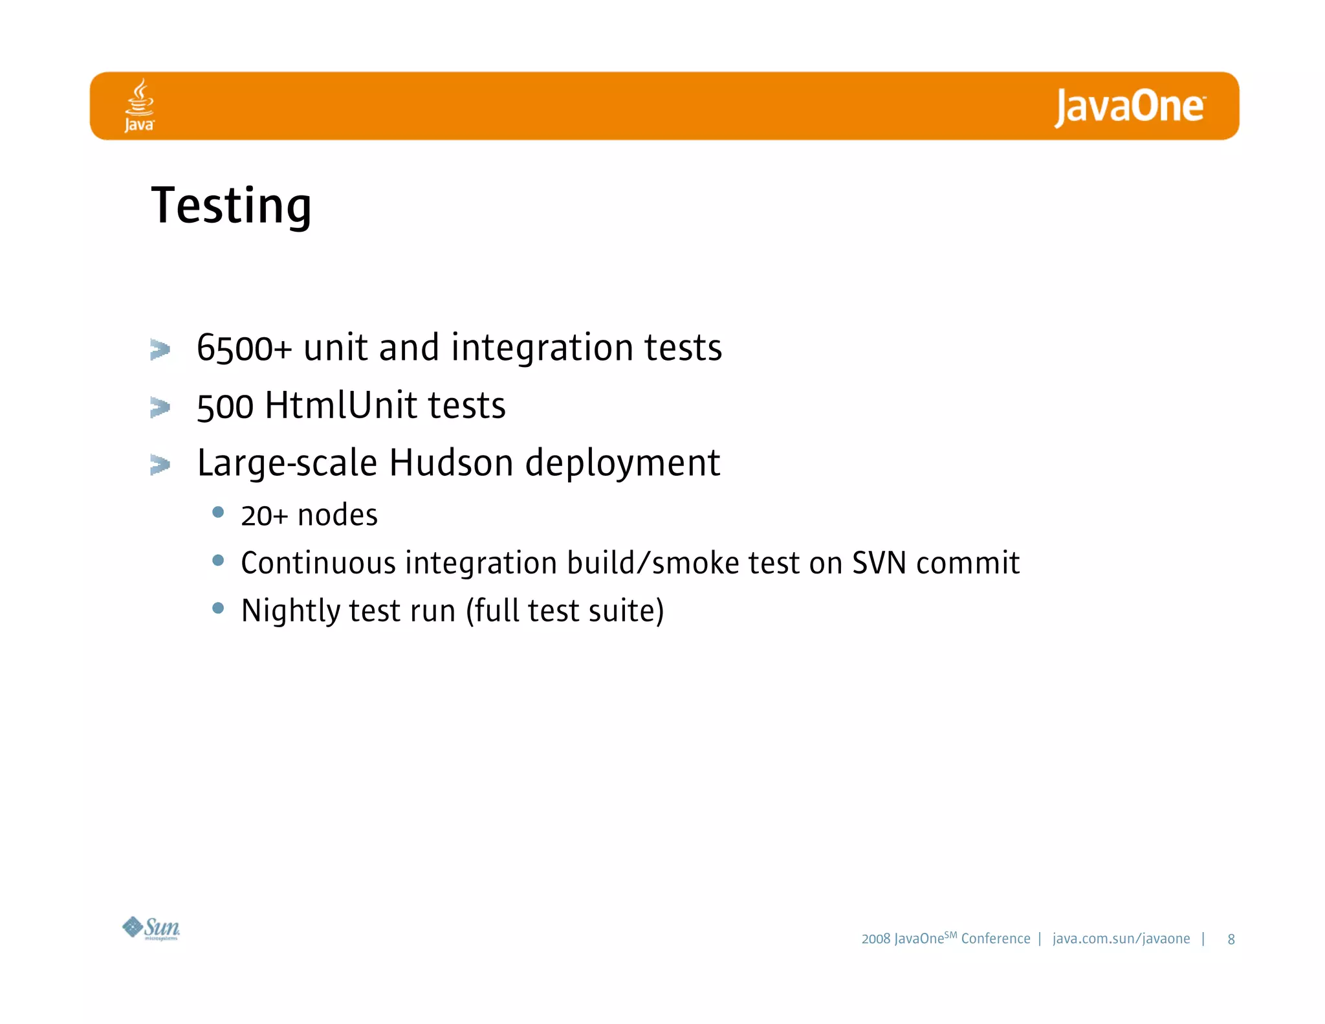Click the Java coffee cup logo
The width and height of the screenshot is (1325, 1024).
click(x=140, y=105)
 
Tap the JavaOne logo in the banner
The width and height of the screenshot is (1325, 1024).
click(x=1130, y=107)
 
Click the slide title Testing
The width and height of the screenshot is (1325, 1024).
click(x=231, y=206)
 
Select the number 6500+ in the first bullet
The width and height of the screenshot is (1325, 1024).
click(x=245, y=348)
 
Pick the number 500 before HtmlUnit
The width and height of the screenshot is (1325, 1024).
click(x=225, y=407)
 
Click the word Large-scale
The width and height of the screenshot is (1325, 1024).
click(x=287, y=463)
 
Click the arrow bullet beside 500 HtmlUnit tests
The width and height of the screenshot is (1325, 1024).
click(x=160, y=407)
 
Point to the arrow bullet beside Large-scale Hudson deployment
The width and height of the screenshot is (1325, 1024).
click(x=160, y=464)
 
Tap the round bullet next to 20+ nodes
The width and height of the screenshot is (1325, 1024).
click(x=218, y=513)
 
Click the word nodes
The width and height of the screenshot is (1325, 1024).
click(x=337, y=516)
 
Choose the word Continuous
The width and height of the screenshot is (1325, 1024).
click(x=318, y=562)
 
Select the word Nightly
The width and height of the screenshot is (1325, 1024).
click(x=290, y=611)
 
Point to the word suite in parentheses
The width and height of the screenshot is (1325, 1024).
click(x=622, y=611)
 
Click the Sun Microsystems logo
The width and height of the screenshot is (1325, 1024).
click(x=151, y=928)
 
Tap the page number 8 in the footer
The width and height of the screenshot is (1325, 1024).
click(x=1231, y=939)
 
